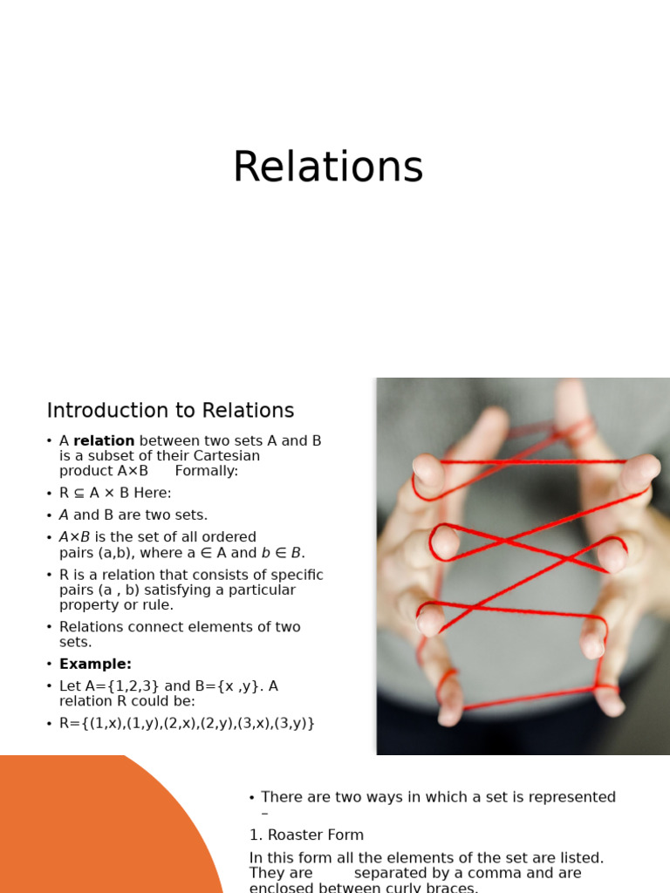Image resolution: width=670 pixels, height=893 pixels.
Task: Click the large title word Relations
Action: click(x=328, y=167)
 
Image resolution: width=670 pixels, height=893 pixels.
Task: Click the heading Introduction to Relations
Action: click(x=170, y=411)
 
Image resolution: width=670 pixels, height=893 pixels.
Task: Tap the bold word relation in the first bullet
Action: click(x=104, y=441)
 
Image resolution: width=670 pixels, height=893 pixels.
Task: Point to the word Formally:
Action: click(x=206, y=471)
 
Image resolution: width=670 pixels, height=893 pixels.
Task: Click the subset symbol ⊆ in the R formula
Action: click(x=80, y=494)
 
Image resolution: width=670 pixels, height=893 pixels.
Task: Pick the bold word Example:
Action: click(x=95, y=665)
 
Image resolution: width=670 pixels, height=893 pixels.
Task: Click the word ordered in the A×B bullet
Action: click(x=229, y=537)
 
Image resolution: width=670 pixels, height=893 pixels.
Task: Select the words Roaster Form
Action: click(x=316, y=835)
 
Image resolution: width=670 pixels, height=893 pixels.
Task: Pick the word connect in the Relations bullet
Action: click(x=161, y=627)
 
